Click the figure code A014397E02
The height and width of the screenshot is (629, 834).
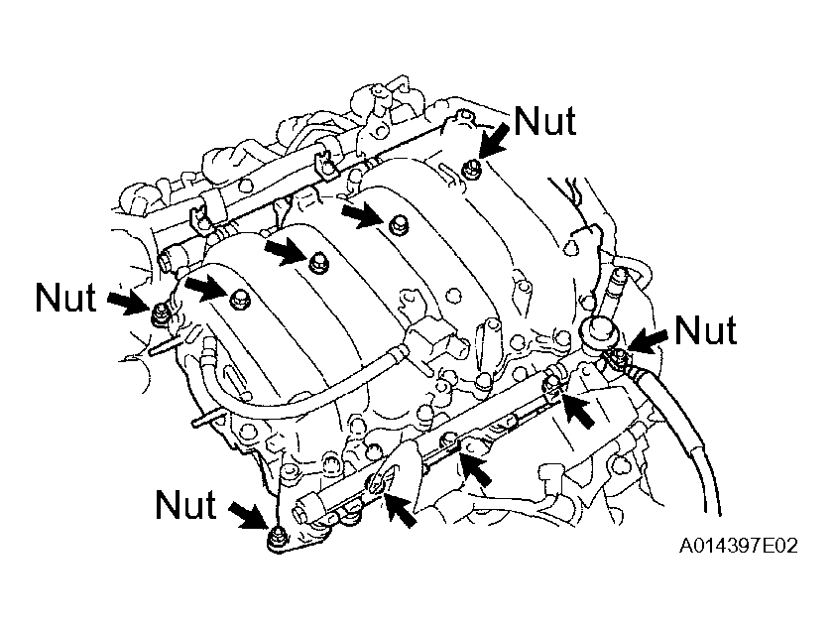tap(738, 546)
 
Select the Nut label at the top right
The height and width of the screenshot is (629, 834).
tap(544, 121)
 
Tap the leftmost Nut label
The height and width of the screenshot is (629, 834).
tap(65, 297)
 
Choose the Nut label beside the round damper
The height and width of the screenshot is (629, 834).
tap(705, 330)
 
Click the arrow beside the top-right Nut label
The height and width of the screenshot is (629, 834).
tap(496, 138)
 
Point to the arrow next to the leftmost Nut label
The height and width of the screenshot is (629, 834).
tap(127, 302)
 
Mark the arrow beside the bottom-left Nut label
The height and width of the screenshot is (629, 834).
tap(248, 515)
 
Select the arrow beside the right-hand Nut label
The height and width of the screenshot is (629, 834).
tap(649, 340)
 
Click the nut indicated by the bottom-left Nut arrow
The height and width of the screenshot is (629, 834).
tap(276, 540)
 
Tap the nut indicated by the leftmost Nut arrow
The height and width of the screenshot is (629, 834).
tap(160, 314)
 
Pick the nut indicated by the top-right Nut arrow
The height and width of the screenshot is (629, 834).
tap(469, 170)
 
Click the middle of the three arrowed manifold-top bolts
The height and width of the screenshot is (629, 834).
tap(317, 262)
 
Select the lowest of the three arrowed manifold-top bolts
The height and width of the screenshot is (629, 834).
tap(238, 299)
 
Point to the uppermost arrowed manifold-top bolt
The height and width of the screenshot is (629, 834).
tap(396, 223)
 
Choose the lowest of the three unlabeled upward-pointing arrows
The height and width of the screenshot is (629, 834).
tap(400, 508)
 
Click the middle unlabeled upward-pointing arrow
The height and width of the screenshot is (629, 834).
tap(476, 469)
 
